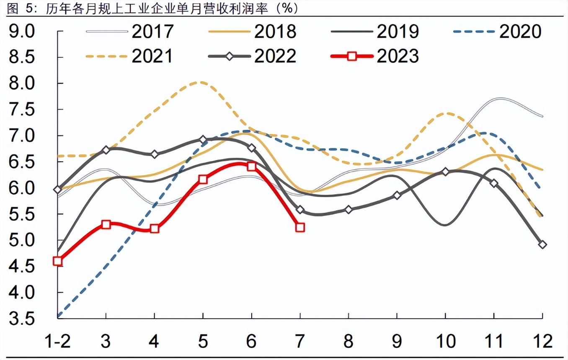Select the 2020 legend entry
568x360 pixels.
coord(497,31)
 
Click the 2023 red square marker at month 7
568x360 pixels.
coord(300,227)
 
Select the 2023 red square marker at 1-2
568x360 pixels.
coord(58,261)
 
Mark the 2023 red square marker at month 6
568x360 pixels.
coord(251,166)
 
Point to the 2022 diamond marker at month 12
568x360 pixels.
coord(542,244)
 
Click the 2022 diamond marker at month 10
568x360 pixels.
coord(445,172)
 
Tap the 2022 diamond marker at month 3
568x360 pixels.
coord(106,150)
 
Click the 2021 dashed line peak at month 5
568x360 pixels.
coord(201,82)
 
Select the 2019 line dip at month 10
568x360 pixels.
coord(444,225)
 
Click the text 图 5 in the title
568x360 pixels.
coord(19,8)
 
